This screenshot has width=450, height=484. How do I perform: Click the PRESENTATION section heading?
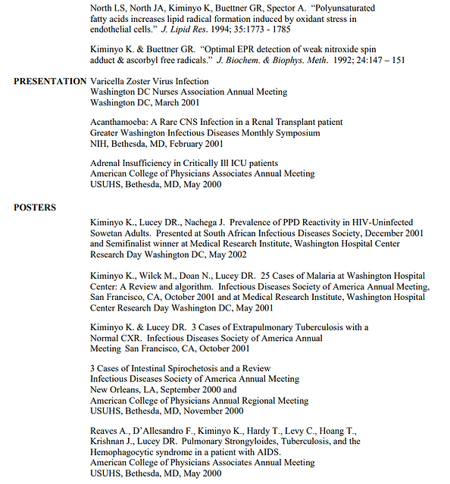click(x=50, y=81)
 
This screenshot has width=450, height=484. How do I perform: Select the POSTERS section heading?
click(x=35, y=207)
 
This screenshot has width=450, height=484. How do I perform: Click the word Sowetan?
click(x=108, y=234)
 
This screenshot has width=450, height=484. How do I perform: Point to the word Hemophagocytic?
click(x=128, y=452)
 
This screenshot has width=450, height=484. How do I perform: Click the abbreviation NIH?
click(x=99, y=143)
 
